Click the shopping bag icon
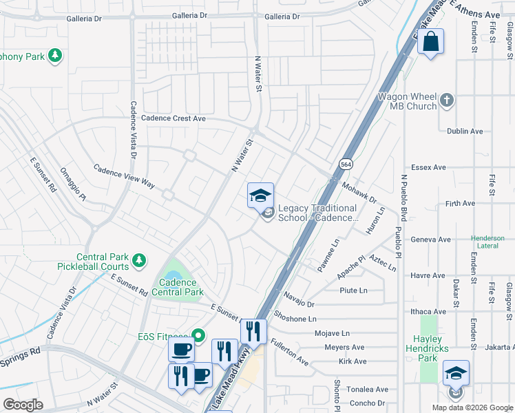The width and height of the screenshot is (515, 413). (430, 41)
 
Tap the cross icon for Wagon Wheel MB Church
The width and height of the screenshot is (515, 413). (447, 100)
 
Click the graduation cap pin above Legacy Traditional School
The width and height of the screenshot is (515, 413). (260, 196)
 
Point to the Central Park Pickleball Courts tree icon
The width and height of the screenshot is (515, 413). (139, 260)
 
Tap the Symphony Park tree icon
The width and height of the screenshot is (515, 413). (54, 56)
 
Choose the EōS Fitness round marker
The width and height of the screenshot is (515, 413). (199, 336)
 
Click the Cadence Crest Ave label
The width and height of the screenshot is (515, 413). (174, 118)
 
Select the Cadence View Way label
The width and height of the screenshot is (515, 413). (124, 176)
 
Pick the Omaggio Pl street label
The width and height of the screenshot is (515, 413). (72, 185)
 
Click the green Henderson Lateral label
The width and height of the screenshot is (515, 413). (487, 242)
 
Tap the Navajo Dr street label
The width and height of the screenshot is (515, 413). (297, 299)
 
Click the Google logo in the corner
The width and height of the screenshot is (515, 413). (23, 405)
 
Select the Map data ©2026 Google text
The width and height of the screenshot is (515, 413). (472, 407)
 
